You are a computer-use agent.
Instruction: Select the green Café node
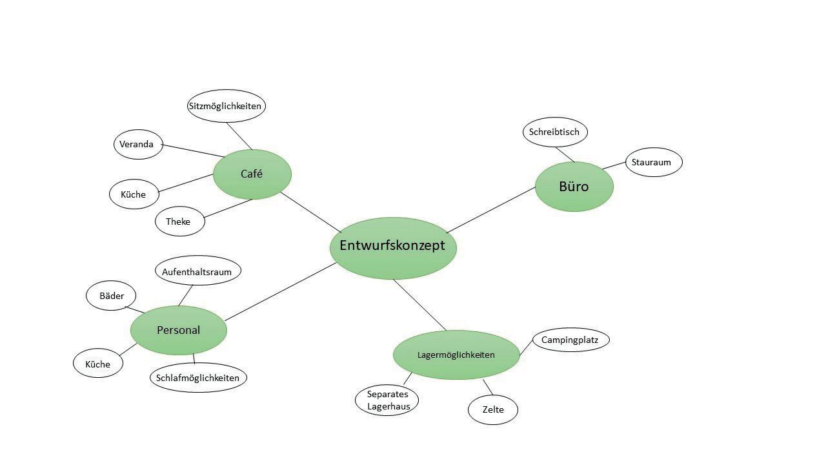click(x=252, y=174)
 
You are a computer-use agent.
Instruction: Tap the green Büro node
click(x=574, y=187)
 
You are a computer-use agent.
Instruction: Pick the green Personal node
click(x=179, y=330)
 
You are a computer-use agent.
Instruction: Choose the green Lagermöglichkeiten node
click(x=456, y=355)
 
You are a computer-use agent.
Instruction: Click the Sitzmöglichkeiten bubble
click(x=226, y=106)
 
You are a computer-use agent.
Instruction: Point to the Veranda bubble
click(x=137, y=145)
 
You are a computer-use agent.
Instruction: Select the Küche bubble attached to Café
click(x=134, y=194)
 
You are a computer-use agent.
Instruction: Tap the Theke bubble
click(x=179, y=222)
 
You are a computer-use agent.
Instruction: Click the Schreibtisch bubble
click(x=554, y=132)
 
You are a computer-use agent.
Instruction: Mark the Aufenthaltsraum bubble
click(x=197, y=272)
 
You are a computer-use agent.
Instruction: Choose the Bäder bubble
click(x=111, y=296)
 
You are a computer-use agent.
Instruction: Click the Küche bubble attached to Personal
click(x=98, y=364)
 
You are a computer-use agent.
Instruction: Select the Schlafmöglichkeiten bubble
click(x=197, y=378)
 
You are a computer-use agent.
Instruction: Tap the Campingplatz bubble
click(x=570, y=340)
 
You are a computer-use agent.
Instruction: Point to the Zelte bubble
click(x=492, y=409)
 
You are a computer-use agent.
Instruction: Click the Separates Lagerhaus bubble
click(x=387, y=400)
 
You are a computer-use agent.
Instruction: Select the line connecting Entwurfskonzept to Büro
click(x=490, y=210)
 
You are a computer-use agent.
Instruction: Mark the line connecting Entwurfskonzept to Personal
click(x=281, y=291)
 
